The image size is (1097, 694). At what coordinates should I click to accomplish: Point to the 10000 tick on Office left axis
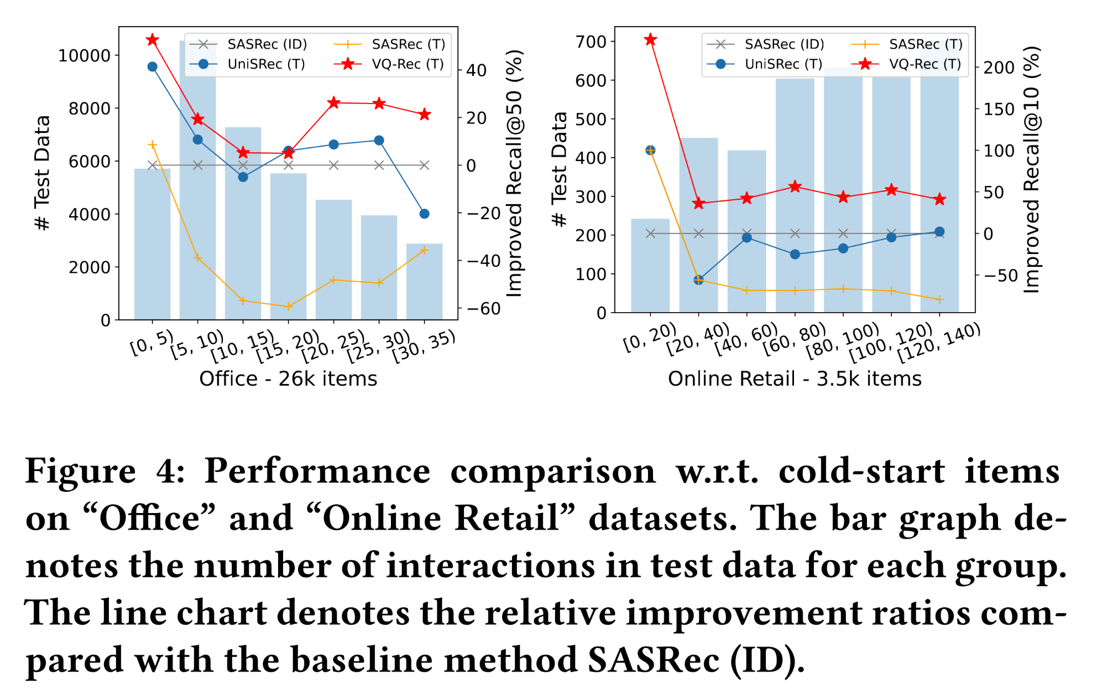(84, 55)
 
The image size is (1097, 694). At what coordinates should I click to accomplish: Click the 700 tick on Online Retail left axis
(591, 42)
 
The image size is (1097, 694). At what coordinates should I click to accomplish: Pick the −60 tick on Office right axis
(483, 309)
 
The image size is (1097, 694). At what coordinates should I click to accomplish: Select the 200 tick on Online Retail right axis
(999, 68)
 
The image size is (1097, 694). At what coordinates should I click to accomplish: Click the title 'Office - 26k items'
(288, 379)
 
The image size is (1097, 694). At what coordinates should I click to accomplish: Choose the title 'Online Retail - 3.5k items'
(795, 379)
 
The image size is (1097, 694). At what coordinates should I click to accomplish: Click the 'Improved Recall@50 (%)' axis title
(514, 173)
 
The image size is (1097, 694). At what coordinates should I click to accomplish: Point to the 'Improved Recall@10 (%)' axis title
(1032, 169)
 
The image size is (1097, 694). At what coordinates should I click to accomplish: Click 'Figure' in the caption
(81, 472)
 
